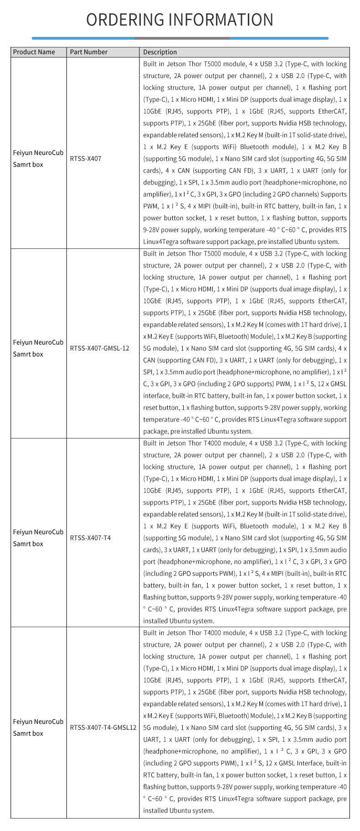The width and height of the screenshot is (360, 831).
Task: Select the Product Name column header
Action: (34, 52)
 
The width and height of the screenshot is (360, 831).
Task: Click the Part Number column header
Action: (89, 52)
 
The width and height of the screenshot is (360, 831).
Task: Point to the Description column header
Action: (160, 52)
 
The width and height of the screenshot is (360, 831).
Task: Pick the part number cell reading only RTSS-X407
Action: (86, 159)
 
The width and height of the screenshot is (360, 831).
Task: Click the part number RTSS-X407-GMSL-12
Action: (100, 348)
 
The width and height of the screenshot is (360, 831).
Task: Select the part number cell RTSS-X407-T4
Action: (90, 538)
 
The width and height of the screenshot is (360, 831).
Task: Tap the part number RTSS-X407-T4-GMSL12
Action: (103, 728)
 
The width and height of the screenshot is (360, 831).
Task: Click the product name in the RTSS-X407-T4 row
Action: (38, 538)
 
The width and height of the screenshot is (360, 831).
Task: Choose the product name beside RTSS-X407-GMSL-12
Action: (38, 348)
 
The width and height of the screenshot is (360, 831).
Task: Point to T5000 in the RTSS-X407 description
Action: (214, 64)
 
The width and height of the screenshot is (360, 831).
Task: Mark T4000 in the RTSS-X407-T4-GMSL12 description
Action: (214, 633)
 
